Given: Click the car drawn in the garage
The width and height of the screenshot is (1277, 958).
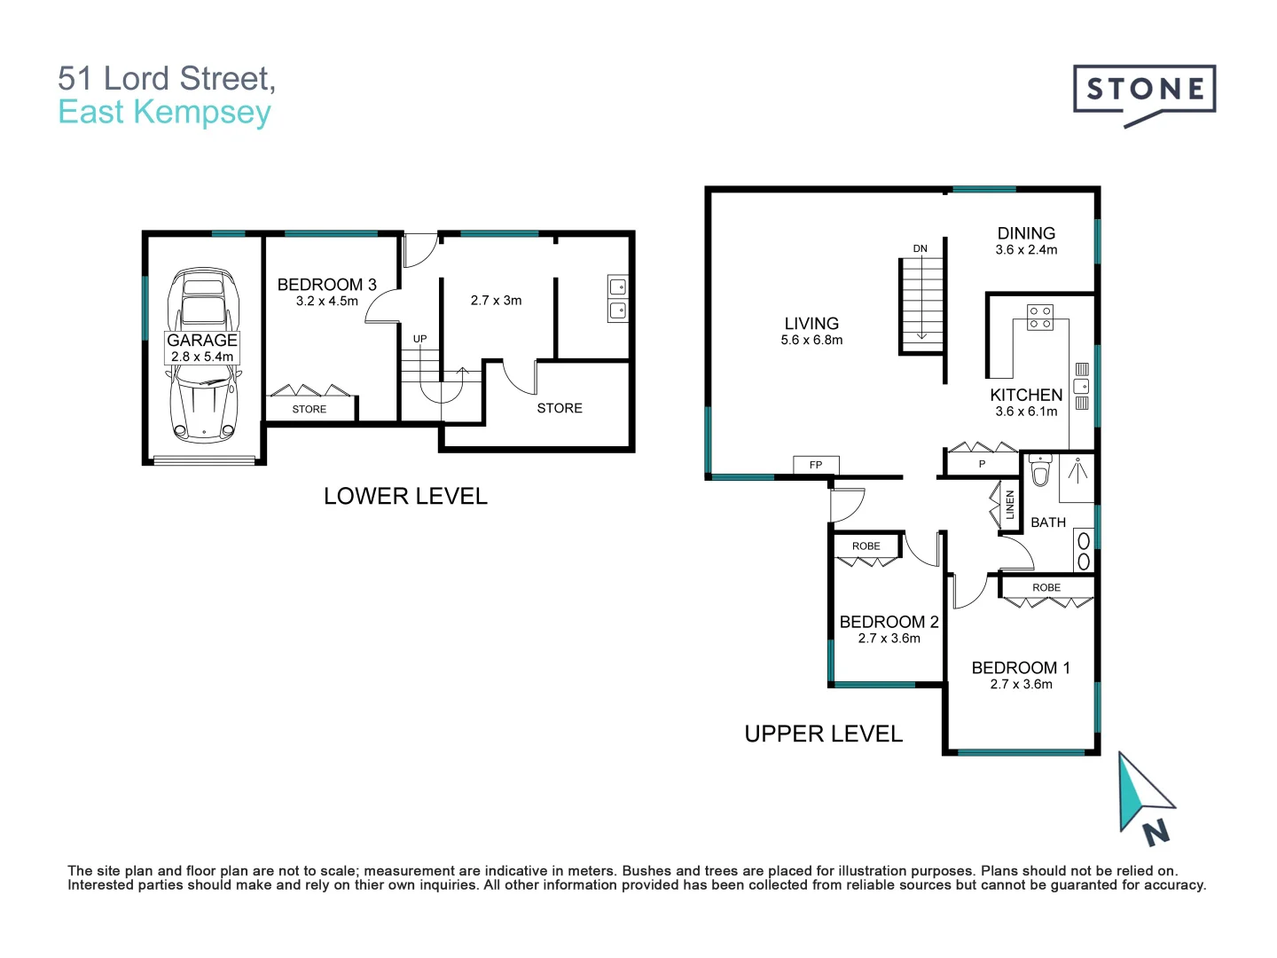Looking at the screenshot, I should coord(204,355).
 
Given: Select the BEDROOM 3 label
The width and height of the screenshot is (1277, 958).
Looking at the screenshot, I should coord(326,285).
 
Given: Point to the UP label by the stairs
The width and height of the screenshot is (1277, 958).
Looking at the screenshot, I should coord(419,339).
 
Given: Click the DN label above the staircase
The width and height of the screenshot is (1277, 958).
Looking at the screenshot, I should coord(921,248).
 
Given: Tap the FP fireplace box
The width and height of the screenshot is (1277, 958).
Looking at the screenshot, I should coord(816,465).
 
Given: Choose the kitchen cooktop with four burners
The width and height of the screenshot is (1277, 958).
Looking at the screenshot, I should coord(1040,318).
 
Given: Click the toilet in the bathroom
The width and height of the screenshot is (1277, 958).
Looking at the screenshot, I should coord(1040,471).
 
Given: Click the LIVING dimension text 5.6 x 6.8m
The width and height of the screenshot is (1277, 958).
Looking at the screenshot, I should coord(811,341).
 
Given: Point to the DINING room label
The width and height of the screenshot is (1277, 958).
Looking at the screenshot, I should coord(1026,233).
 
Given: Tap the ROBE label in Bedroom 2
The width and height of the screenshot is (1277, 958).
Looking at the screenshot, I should coord(866,546).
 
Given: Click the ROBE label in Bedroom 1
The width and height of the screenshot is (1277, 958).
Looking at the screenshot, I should coord(1046,588).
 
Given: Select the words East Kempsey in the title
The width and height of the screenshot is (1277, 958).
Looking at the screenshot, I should coord(164,113).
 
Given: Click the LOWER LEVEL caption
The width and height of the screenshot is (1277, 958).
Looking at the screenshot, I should coord(405,496).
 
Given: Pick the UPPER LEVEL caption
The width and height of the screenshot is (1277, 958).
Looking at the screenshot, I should coord(823,734).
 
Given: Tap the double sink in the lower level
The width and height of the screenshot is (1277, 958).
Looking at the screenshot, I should coord(617,299).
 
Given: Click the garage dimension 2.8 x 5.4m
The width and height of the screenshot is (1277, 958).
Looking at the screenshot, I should coord(202,357).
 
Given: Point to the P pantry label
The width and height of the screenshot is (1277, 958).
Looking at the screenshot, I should coord(982,464).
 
